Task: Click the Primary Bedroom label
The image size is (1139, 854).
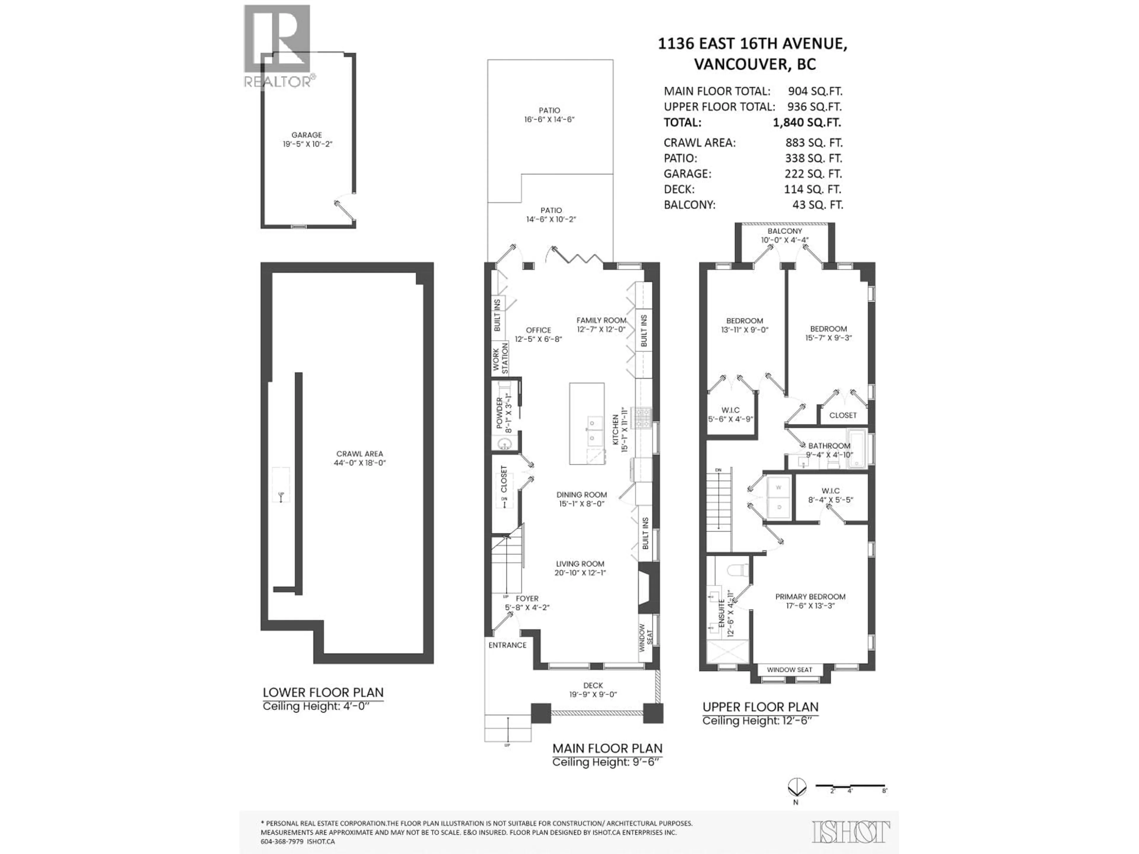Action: point(810,601)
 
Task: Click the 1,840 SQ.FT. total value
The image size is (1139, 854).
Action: point(806,122)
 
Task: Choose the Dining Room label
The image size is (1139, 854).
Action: point(581,499)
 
